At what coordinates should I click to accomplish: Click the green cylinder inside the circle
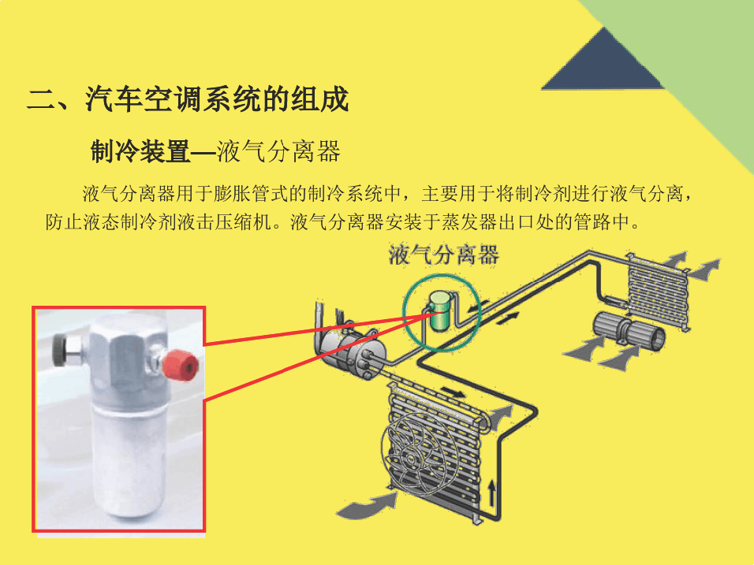pos(439,310)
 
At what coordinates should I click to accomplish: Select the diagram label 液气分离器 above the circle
pos(443,255)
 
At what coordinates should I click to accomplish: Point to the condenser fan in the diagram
pos(413,455)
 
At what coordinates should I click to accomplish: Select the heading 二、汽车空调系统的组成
pos(188,100)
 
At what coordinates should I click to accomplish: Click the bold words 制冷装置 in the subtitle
pos(140,152)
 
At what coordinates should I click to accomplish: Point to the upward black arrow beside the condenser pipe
pos(491,492)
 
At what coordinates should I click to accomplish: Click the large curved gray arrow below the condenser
pos(368,504)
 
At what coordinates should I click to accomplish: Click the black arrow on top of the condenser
pos(454,393)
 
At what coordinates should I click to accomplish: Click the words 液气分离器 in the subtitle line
pos(278,152)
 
